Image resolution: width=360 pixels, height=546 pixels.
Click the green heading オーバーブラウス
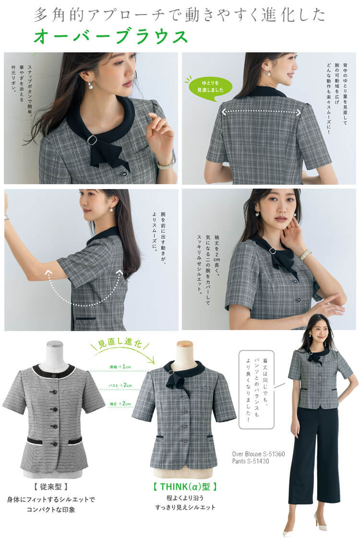point(110,36)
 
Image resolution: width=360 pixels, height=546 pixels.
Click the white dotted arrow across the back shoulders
point(261,113)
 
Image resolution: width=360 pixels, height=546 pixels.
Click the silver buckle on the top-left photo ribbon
point(92,140)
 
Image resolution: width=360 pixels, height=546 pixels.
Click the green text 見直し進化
point(115,345)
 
